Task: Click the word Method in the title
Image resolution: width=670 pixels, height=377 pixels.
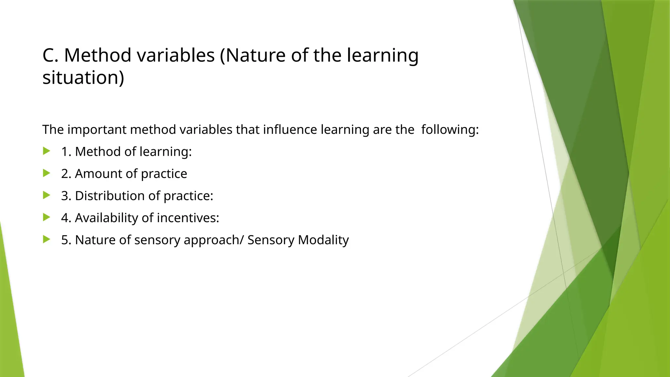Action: tap(97, 55)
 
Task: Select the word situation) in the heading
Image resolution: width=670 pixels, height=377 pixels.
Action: tap(83, 78)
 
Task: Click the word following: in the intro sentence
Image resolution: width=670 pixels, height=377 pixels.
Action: tap(450, 130)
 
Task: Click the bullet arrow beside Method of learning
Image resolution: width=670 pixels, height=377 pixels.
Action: tap(46, 151)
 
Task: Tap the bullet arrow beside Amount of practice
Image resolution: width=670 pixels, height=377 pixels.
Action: tap(46, 173)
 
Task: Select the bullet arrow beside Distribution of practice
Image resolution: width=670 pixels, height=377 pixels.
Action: tap(46, 195)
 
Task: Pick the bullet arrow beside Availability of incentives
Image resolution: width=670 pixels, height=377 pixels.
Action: tap(46, 217)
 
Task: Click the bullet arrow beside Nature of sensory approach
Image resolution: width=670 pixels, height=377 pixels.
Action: tap(46, 240)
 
